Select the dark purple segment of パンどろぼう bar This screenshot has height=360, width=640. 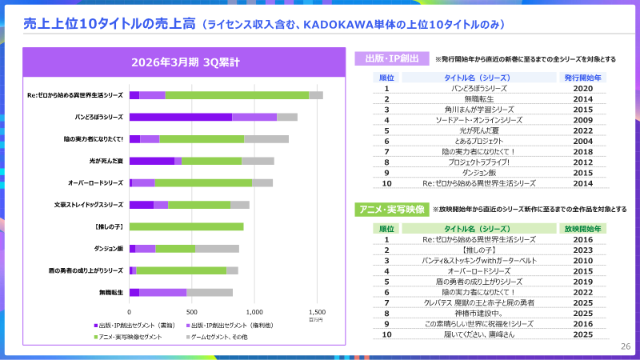pos(180,117)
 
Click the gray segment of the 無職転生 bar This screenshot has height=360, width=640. pos(210,292)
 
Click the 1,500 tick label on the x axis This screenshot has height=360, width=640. pos(317,312)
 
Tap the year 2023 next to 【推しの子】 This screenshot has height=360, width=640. pos(583,250)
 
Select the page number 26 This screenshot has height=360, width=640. pos(626,346)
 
